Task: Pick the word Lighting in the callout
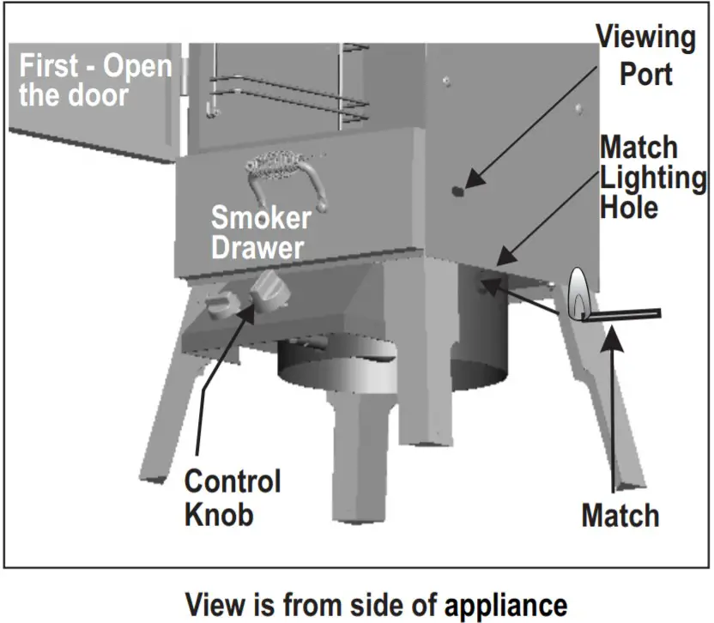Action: (653, 178)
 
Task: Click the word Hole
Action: (629, 207)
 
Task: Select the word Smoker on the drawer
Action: (261, 218)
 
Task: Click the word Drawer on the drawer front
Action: (257, 247)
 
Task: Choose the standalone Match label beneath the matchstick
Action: (620, 516)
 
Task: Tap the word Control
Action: (233, 481)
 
